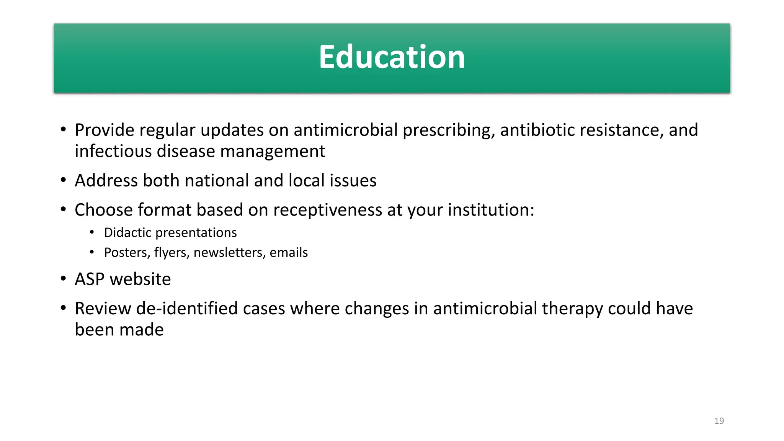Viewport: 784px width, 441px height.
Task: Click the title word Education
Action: [x=392, y=57]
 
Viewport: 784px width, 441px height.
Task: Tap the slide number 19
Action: [x=719, y=421]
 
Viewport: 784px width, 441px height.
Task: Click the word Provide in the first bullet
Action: [x=104, y=130]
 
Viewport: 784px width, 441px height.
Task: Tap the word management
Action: [x=273, y=151]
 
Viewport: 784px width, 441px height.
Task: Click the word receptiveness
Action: [x=327, y=210]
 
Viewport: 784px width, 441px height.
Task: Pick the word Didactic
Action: [x=127, y=233]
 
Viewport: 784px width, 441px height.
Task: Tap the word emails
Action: [x=289, y=253]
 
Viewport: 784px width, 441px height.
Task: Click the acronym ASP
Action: [x=90, y=279]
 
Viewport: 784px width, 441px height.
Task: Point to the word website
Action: [x=140, y=279]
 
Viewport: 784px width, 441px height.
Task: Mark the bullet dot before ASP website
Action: [x=64, y=278]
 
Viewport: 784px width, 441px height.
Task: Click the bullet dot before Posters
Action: [x=92, y=252]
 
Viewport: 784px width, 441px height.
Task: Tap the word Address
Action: [x=106, y=180]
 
